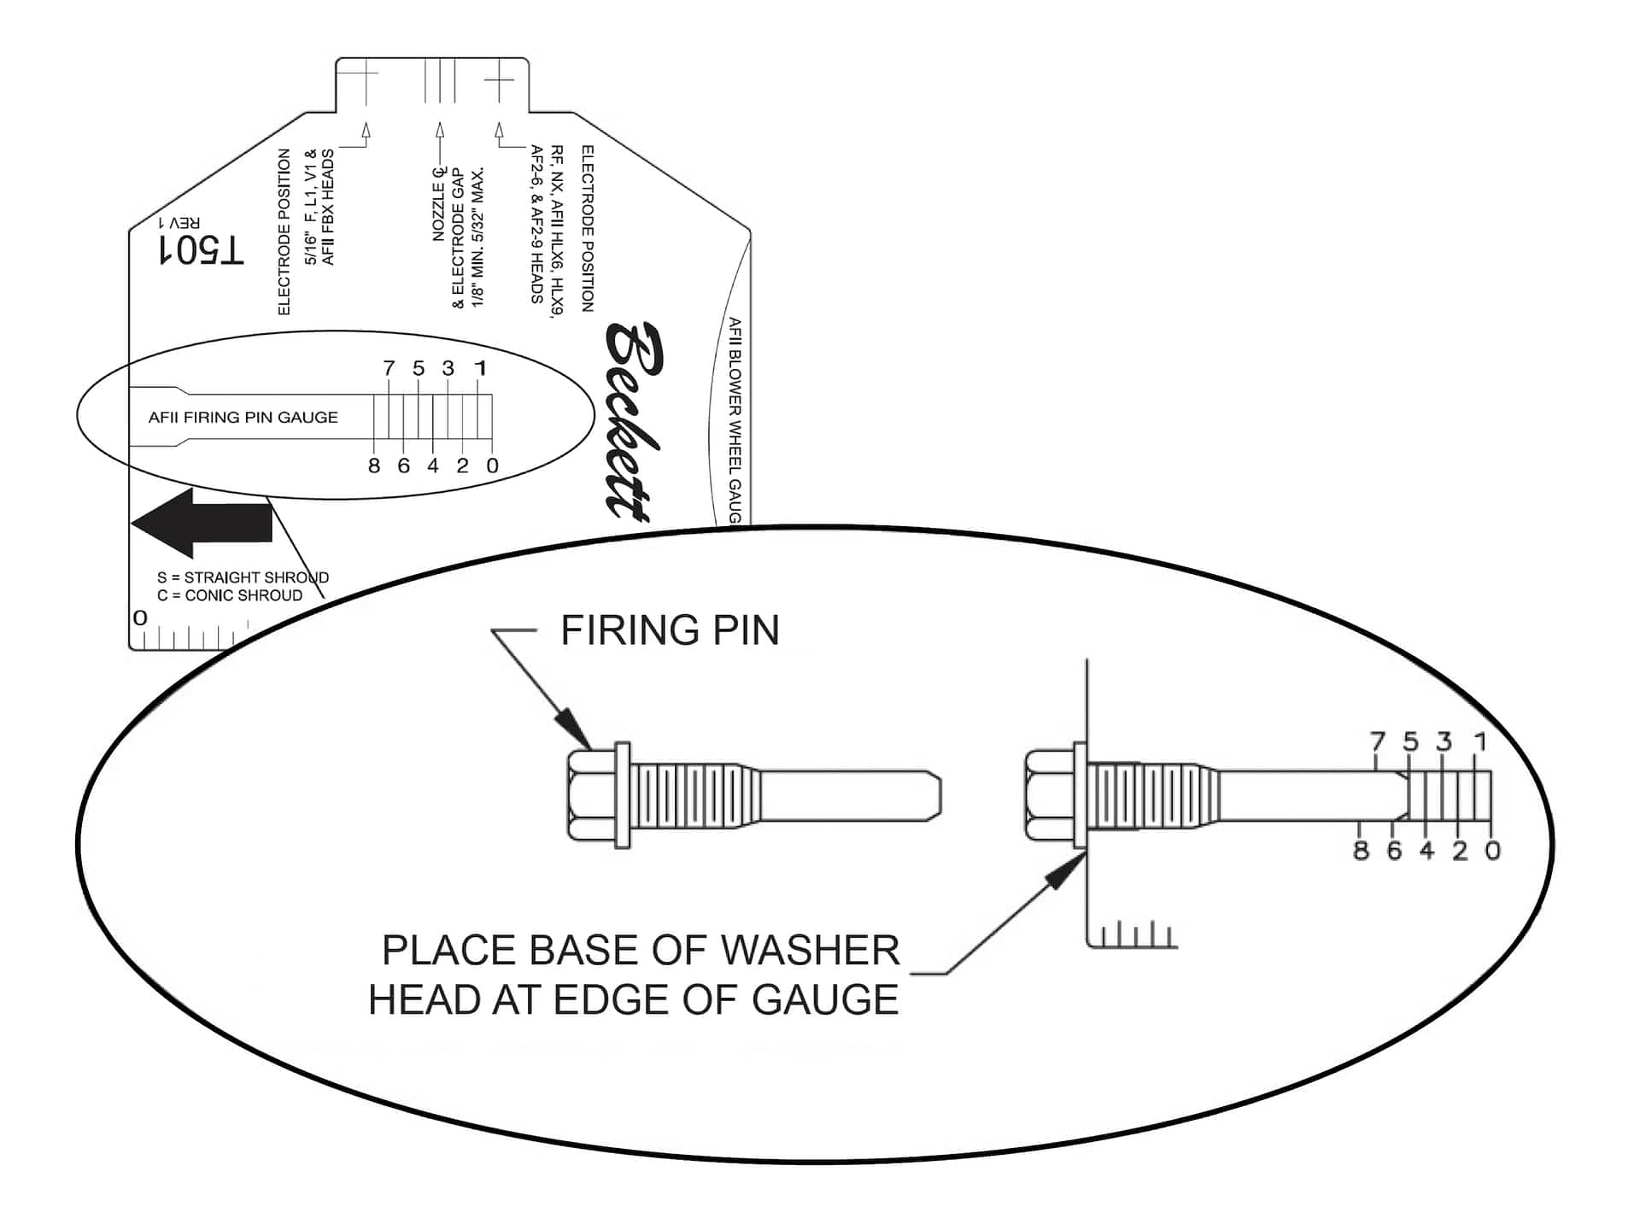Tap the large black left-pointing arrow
click(202, 523)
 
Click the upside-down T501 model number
click(202, 250)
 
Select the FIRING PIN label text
click(670, 631)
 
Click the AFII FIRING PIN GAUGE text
click(243, 418)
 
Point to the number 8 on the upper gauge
click(374, 466)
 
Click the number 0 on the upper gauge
click(492, 466)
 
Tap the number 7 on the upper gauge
click(389, 368)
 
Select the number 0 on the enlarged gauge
click(1492, 851)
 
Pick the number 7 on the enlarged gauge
click(1377, 741)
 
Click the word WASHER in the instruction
click(808, 951)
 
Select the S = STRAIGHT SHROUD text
click(243, 577)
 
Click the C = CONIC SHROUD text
click(230, 595)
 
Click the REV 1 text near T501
click(180, 223)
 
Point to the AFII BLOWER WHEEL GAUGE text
click(735, 419)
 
